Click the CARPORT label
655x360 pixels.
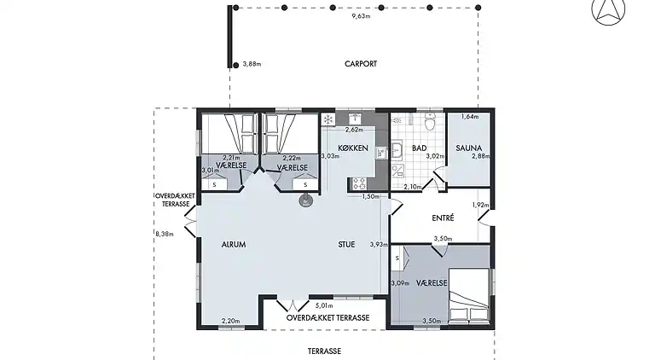pyautogui.click(x=361, y=64)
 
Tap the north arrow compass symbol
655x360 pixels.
pyautogui.click(x=608, y=11)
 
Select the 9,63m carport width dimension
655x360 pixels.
pyautogui.click(x=361, y=16)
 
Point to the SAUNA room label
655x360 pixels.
pyautogui.click(x=469, y=148)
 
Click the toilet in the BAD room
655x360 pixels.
pyautogui.click(x=430, y=121)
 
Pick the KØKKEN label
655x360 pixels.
pyautogui.click(x=353, y=148)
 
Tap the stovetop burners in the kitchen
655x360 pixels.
pyautogui.click(x=359, y=183)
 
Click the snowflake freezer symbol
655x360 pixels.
pyautogui.click(x=328, y=119)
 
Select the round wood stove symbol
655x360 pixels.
pyautogui.click(x=305, y=201)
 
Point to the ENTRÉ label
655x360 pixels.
pyautogui.click(x=443, y=218)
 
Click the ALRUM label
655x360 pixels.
pyautogui.click(x=234, y=245)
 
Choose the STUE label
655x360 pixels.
pyautogui.click(x=346, y=245)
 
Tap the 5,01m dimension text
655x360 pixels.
pyautogui.click(x=324, y=305)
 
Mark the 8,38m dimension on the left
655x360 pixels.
pyautogui.click(x=165, y=235)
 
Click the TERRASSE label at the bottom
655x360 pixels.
pyautogui.click(x=324, y=351)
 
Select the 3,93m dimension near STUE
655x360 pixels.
pyautogui.click(x=379, y=245)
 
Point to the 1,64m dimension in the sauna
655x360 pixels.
pyautogui.click(x=470, y=117)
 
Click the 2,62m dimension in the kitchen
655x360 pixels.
pyautogui.click(x=354, y=130)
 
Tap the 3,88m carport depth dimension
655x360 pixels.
pyautogui.click(x=252, y=64)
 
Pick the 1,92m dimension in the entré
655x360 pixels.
pyautogui.click(x=480, y=205)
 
